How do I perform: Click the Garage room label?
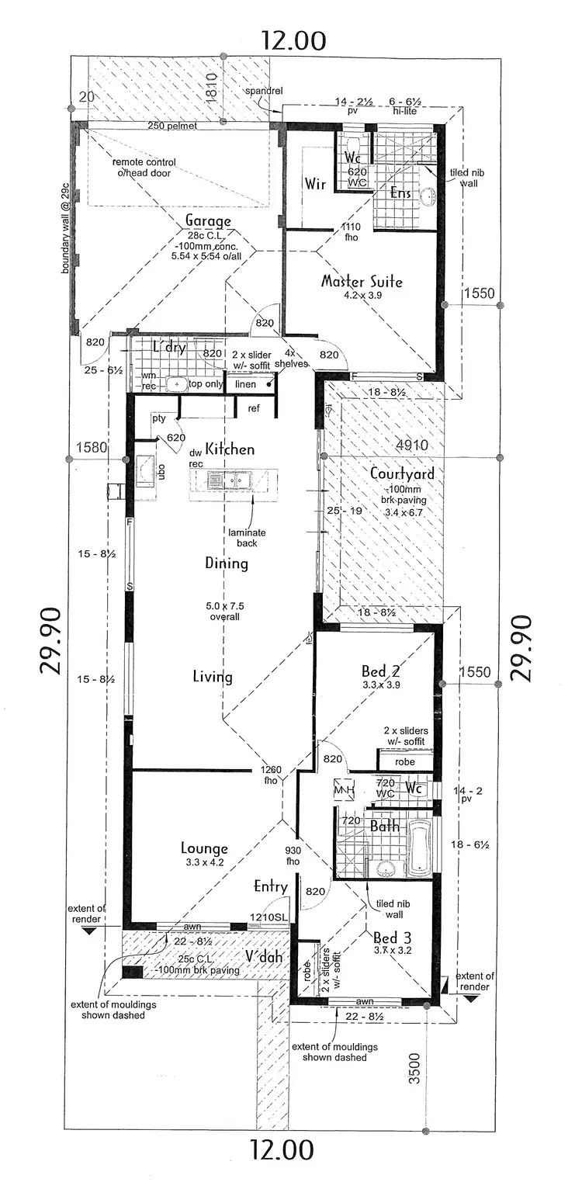(x=207, y=221)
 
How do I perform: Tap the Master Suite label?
(x=362, y=281)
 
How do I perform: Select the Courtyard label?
(x=401, y=473)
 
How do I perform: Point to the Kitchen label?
(x=230, y=449)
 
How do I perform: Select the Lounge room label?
(x=203, y=848)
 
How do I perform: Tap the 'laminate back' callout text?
(x=248, y=538)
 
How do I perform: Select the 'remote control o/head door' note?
(x=144, y=168)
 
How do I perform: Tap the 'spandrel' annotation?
(x=263, y=91)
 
